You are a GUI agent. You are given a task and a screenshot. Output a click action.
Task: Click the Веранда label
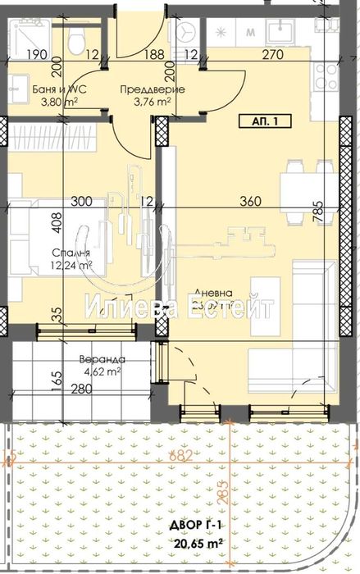pyautogui.click(x=103, y=359)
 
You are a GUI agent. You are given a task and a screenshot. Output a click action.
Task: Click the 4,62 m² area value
pyautogui.click(x=103, y=372)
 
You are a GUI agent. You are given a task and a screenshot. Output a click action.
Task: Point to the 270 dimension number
pyautogui.click(x=273, y=56)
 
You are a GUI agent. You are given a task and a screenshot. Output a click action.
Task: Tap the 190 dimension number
pyautogui.click(x=34, y=56)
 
